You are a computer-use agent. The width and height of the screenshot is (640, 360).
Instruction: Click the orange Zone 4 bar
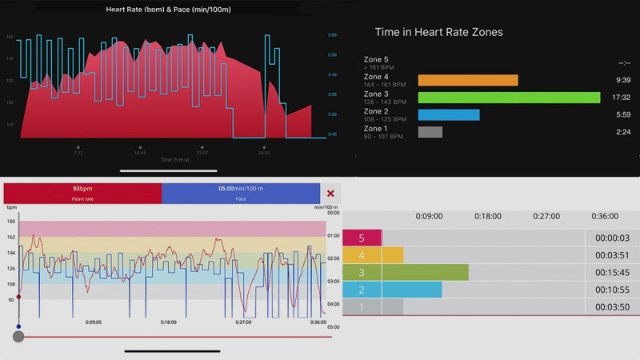pyautogui.click(x=468, y=80)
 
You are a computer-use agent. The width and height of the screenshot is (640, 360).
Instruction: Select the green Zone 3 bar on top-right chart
pyautogui.click(x=509, y=98)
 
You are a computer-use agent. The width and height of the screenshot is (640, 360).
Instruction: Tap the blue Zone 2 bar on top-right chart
pyautogui.click(x=449, y=114)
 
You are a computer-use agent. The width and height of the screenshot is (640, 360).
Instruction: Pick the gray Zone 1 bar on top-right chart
pyautogui.click(x=430, y=132)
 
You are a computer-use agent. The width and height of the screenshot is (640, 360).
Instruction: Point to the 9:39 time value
pyautogui.click(x=624, y=80)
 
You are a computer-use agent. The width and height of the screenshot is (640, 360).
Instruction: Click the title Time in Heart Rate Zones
pyautogui.click(x=438, y=33)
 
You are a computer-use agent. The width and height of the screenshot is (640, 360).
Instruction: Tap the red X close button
pyautogui.click(x=330, y=194)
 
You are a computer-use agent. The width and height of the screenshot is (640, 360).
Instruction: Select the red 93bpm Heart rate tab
pyautogui.click(x=82, y=194)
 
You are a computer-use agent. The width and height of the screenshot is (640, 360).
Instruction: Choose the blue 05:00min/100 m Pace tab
pyautogui.click(x=241, y=194)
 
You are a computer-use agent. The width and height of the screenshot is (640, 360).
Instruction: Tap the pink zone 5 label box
pyautogui.click(x=362, y=238)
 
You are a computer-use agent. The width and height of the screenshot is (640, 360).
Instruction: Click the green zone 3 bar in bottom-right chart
pyautogui.click(x=425, y=272)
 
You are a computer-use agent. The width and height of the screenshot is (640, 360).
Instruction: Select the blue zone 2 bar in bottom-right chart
pyautogui.click(x=411, y=290)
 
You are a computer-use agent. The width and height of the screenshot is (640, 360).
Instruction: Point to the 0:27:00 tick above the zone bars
pyautogui.click(x=546, y=216)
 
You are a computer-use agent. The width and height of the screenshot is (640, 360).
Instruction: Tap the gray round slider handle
pyautogui.click(x=18, y=337)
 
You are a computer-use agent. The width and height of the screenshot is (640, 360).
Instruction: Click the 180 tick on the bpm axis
pyautogui.click(x=11, y=222)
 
